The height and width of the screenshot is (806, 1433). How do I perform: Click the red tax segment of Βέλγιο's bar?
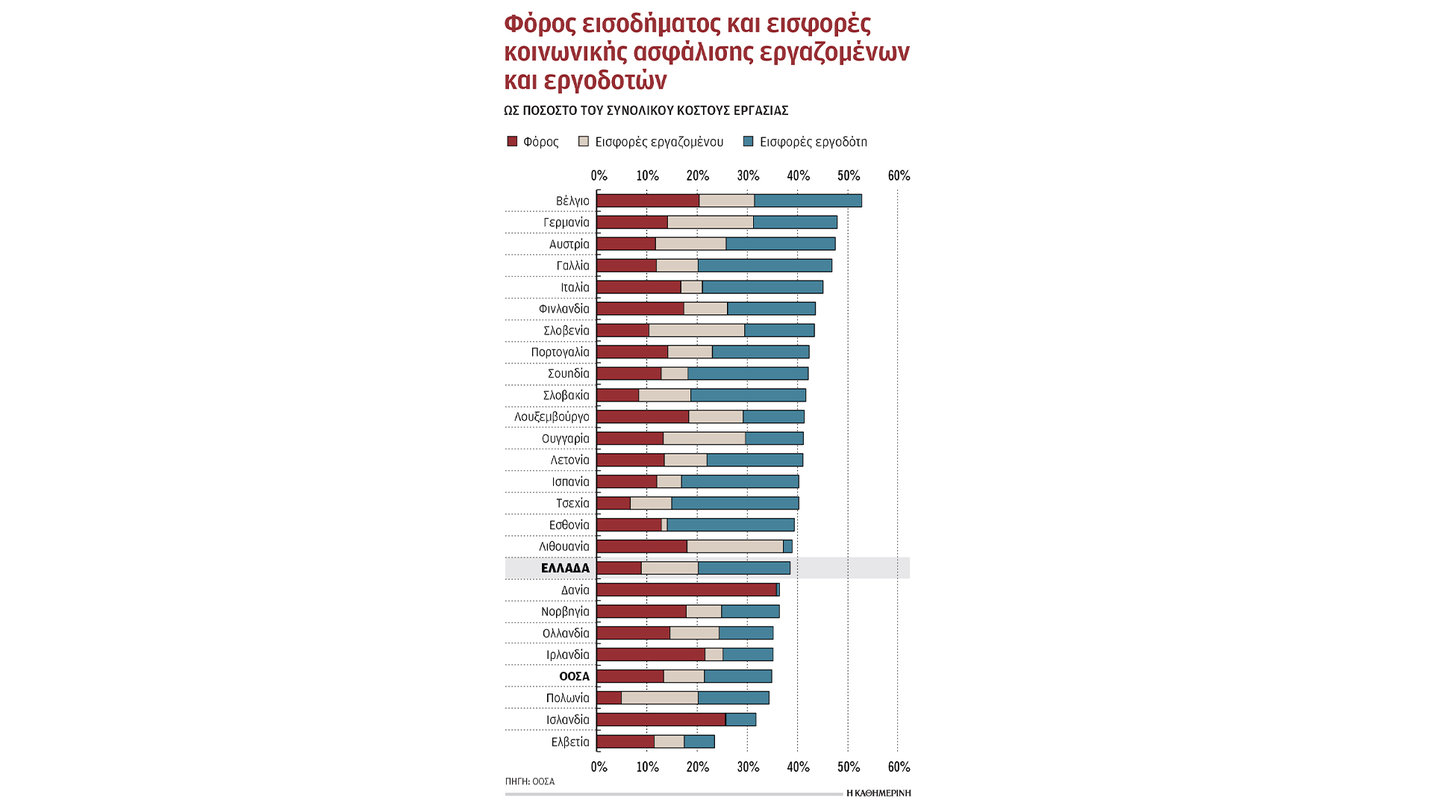pyautogui.click(x=648, y=201)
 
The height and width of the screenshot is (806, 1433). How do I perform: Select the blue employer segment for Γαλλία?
pyautogui.click(x=765, y=266)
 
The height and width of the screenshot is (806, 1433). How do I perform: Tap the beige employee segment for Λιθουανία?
pyautogui.click(x=735, y=547)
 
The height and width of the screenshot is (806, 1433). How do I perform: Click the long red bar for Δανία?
pyautogui.click(x=687, y=590)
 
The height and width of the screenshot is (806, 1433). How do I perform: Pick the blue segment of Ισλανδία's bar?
pyautogui.click(x=741, y=720)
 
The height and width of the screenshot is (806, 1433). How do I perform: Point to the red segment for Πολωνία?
pyautogui.click(x=609, y=699)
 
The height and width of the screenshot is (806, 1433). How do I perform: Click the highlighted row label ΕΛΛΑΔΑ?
pyautogui.click(x=565, y=569)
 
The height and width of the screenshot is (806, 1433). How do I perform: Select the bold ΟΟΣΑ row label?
pyautogui.click(x=574, y=677)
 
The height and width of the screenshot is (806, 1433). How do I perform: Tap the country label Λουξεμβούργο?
pyautogui.click(x=552, y=417)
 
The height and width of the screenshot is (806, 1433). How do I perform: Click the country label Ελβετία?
pyautogui.click(x=570, y=742)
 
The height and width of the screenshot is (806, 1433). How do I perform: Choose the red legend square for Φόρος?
pyautogui.click(x=512, y=142)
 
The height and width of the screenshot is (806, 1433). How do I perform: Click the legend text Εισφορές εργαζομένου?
pyautogui.click(x=659, y=142)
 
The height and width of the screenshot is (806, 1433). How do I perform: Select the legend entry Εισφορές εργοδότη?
pyautogui.click(x=813, y=142)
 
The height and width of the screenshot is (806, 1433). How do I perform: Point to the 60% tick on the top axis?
pyautogui.click(x=899, y=176)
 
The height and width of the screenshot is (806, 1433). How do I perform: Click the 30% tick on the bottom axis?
pyautogui.click(x=748, y=767)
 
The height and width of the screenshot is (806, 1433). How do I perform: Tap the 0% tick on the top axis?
pyautogui.click(x=599, y=176)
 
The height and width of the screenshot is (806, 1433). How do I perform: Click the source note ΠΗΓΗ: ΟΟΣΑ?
pyautogui.click(x=530, y=781)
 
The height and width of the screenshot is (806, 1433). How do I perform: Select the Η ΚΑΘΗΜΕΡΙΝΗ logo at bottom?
pyautogui.click(x=878, y=793)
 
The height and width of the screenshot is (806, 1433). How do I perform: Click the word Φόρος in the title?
pyautogui.click(x=540, y=24)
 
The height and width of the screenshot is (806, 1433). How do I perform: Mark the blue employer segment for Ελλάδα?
pyautogui.click(x=744, y=569)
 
